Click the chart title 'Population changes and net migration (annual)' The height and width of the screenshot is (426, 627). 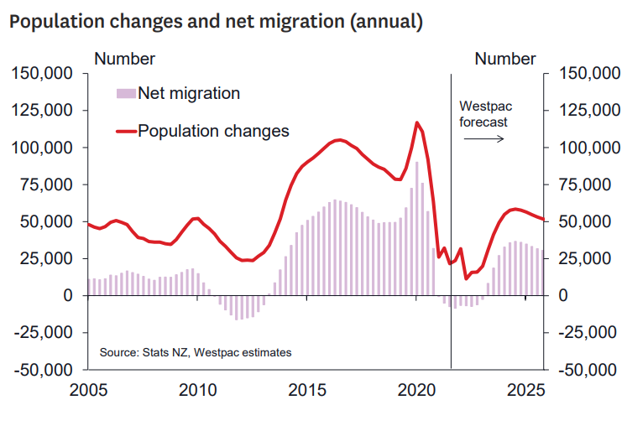(x=215, y=22)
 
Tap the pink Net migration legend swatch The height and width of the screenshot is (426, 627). (x=126, y=93)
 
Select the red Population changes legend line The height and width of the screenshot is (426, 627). (x=126, y=131)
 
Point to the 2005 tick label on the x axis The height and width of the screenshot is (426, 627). (x=88, y=391)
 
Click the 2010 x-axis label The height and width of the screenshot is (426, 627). (x=198, y=391)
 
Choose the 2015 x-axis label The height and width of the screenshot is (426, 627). (x=308, y=391)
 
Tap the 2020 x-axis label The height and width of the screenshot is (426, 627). (x=417, y=391)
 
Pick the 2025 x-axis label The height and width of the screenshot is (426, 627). (x=527, y=391)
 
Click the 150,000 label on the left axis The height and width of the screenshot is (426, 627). (x=42, y=74)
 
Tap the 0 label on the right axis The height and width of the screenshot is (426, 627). (x=562, y=296)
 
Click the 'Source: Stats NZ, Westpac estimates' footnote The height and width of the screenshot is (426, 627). (x=195, y=353)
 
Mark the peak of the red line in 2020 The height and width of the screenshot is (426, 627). (x=416, y=122)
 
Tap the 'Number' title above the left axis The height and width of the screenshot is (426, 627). (x=124, y=59)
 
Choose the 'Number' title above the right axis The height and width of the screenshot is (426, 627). (x=504, y=59)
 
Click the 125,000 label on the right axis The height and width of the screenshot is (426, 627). (x=586, y=111)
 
